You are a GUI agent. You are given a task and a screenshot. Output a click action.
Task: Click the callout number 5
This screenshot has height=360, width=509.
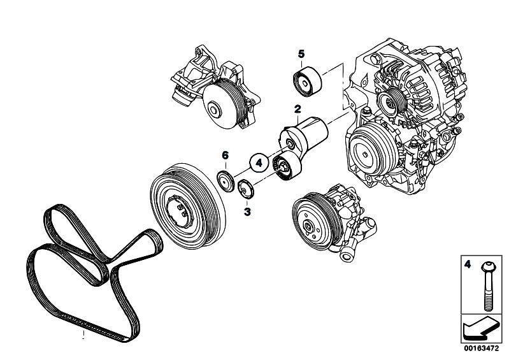(x=301, y=54)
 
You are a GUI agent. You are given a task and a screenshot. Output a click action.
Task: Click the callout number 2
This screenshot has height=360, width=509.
(x=298, y=109)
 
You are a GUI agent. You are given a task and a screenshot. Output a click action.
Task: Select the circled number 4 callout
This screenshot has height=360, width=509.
(x=259, y=162)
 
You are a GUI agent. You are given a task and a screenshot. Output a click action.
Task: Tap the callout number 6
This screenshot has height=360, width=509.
(x=226, y=155)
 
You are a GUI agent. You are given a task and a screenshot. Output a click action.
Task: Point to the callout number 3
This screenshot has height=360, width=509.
(x=247, y=212)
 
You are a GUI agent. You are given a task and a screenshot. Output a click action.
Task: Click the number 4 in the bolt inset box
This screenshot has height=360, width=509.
(x=468, y=264)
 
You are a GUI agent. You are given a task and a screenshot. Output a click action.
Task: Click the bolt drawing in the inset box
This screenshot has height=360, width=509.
(x=486, y=286)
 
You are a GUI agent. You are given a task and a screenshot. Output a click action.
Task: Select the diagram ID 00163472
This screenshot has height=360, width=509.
(x=481, y=349)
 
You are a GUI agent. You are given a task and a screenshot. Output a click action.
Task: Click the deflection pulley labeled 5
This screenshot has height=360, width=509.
(x=307, y=82)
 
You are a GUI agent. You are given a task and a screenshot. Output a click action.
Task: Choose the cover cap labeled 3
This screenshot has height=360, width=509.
(x=245, y=189)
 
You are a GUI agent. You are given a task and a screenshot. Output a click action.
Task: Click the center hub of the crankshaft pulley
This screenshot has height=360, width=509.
(x=180, y=212)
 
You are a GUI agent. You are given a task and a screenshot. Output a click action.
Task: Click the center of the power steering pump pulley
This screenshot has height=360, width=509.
(x=308, y=226)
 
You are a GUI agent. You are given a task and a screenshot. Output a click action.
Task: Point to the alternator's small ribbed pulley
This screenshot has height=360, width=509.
(x=391, y=101)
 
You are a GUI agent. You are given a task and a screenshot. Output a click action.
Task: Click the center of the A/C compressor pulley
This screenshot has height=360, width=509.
(x=366, y=154)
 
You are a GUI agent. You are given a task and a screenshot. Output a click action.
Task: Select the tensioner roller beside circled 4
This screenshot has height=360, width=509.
(x=287, y=167)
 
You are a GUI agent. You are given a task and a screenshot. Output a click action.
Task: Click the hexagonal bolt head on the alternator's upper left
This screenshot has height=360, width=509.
(x=375, y=60)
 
